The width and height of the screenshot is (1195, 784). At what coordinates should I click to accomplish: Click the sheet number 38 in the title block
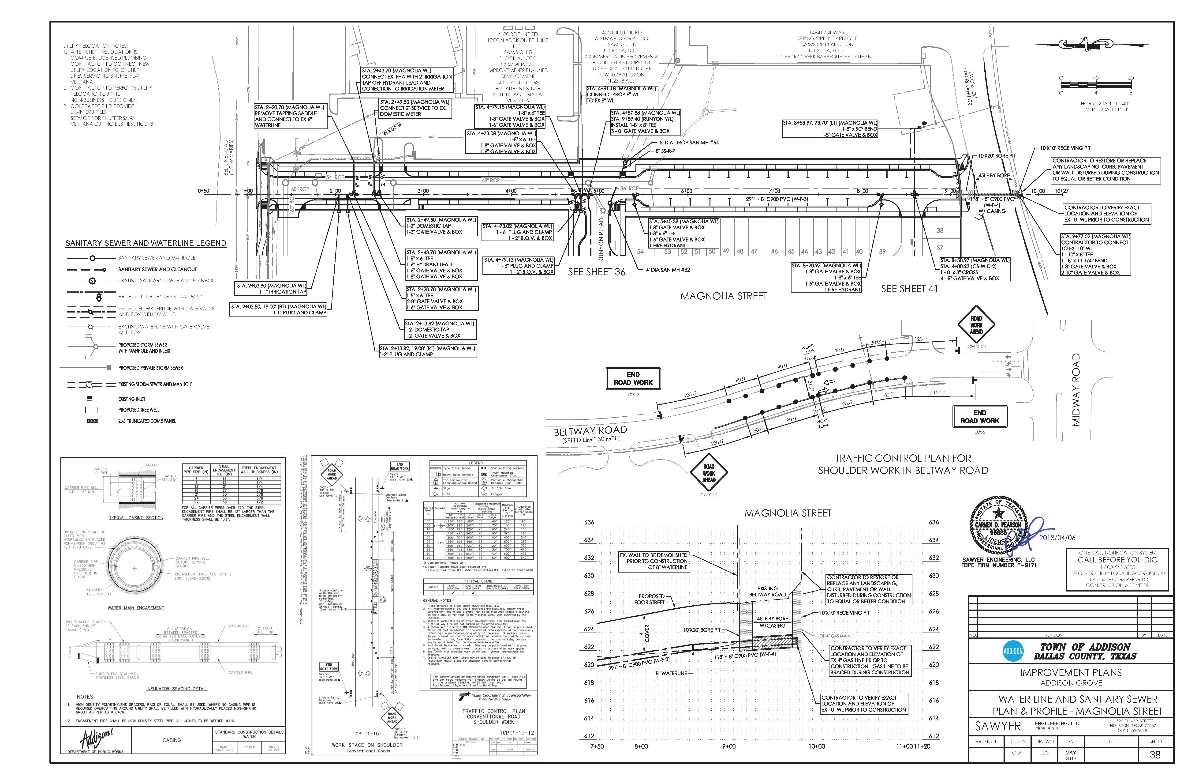click(x=1155, y=755)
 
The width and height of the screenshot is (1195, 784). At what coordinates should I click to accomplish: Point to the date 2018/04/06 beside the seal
click(x=1057, y=537)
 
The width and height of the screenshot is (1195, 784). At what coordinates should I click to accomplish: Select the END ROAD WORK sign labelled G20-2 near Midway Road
click(x=980, y=417)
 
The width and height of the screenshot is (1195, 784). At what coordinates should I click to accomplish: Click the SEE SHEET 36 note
click(x=597, y=272)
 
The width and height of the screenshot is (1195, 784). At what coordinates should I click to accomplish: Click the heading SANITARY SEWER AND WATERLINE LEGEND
click(x=146, y=243)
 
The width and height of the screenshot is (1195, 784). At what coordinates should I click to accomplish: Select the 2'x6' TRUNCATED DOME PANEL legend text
click(x=147, y=421)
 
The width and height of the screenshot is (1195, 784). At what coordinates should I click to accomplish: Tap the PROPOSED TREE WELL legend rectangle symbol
click(x=91, y=410)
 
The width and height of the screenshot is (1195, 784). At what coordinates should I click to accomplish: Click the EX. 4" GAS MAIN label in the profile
click(x=834, y=636)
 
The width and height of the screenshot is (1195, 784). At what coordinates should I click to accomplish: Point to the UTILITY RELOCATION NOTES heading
click(x=95, y=46)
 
